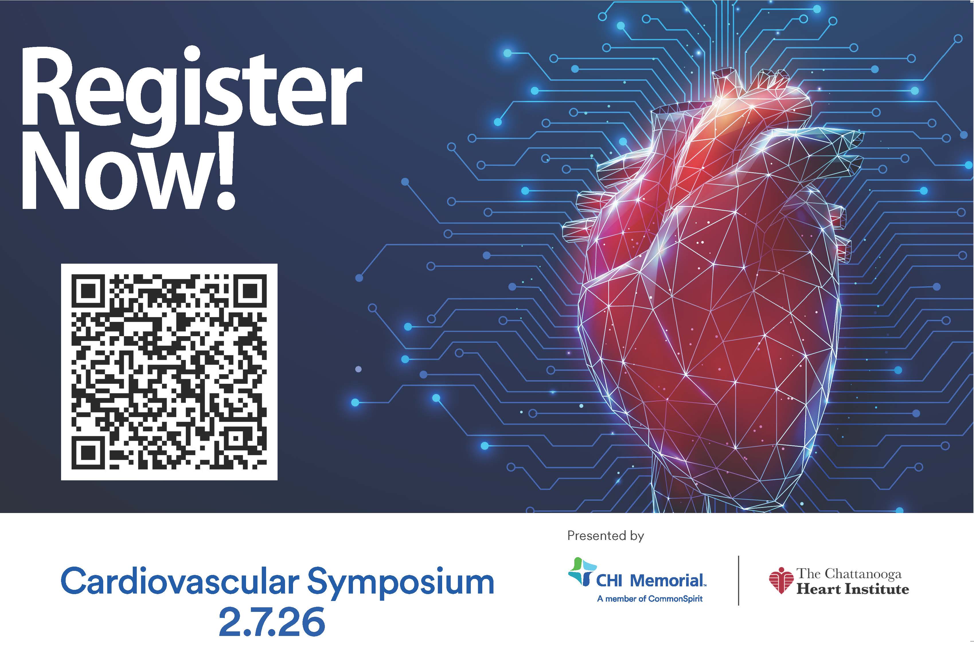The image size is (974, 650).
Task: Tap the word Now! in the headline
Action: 128,172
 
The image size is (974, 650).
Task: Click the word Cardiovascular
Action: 180,581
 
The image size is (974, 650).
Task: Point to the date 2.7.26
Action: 272,622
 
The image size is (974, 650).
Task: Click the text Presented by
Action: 605,536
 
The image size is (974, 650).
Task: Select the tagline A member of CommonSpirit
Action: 650,599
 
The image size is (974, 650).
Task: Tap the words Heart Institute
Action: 852,589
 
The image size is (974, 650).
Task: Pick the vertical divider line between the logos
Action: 739,580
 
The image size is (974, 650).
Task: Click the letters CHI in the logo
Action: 609,581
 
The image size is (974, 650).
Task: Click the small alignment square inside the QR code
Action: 235,437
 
